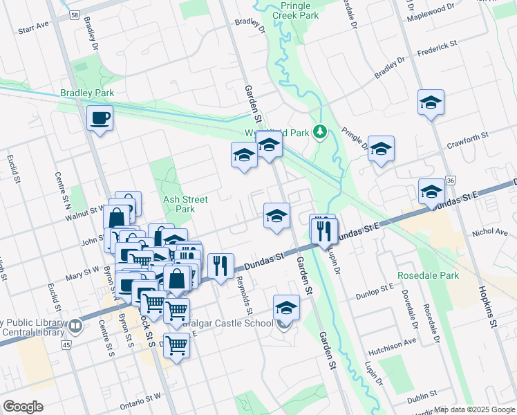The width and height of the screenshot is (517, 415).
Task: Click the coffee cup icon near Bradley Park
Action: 100,118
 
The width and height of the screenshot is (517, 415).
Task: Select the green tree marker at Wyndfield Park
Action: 319,131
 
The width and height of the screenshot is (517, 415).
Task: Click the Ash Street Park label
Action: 179,204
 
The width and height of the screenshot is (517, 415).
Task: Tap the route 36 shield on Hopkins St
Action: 450,180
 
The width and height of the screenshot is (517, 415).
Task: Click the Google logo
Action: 23,407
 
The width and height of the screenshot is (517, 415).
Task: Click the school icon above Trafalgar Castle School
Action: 286,307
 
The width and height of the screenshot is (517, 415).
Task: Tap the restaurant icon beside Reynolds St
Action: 220,267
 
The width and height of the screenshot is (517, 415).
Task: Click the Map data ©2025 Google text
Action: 473,409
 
